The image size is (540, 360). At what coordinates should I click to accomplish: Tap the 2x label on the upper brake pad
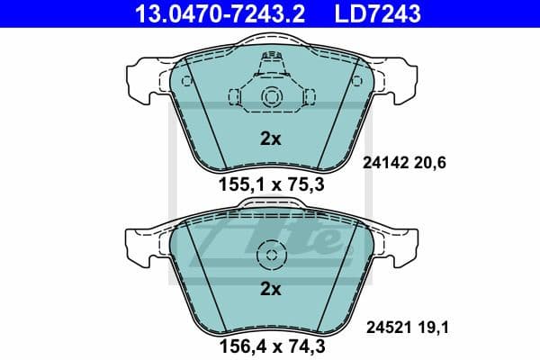[x=270, y=139]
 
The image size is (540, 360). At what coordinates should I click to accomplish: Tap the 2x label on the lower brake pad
[x=270, y=289]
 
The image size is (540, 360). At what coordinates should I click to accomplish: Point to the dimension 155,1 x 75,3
[x=270, y=185]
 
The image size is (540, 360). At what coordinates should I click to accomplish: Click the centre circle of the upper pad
[x=269, y=98]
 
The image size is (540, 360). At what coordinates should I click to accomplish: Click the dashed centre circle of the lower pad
[x=269, y=256]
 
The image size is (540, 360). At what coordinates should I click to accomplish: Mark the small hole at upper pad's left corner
[x=187, y=81]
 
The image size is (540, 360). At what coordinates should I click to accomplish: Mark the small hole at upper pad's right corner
[x=354, y=81]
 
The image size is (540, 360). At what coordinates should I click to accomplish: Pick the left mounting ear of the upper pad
[x=144, y=78]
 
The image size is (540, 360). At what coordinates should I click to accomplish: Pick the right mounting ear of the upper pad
[x=396, y=78]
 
